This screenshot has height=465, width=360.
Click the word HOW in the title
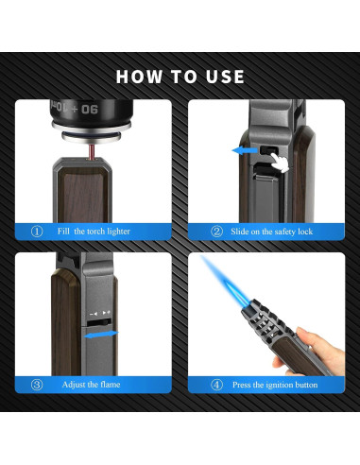point(139,77)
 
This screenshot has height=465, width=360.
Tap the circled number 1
point(37,232)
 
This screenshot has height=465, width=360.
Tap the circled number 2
point(216,232)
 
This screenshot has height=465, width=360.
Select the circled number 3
point(37,385)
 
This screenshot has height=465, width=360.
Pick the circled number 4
point(216,385)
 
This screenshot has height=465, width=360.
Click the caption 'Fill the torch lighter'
point(94,232)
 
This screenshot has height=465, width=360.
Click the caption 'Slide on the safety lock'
point(271,232)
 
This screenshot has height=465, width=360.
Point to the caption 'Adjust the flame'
point(91,385)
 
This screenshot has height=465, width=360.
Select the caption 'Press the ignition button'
point(275,385)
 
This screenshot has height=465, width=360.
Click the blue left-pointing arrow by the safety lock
point(245,150)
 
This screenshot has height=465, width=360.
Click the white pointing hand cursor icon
point(280,163)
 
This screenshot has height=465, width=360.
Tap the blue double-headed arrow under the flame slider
point(101,335)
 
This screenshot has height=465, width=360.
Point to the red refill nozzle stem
point(92,151)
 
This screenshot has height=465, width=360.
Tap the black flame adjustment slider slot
point(99,322)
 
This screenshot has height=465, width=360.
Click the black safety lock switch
point(268,150)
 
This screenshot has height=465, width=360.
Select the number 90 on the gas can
point(90,110)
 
